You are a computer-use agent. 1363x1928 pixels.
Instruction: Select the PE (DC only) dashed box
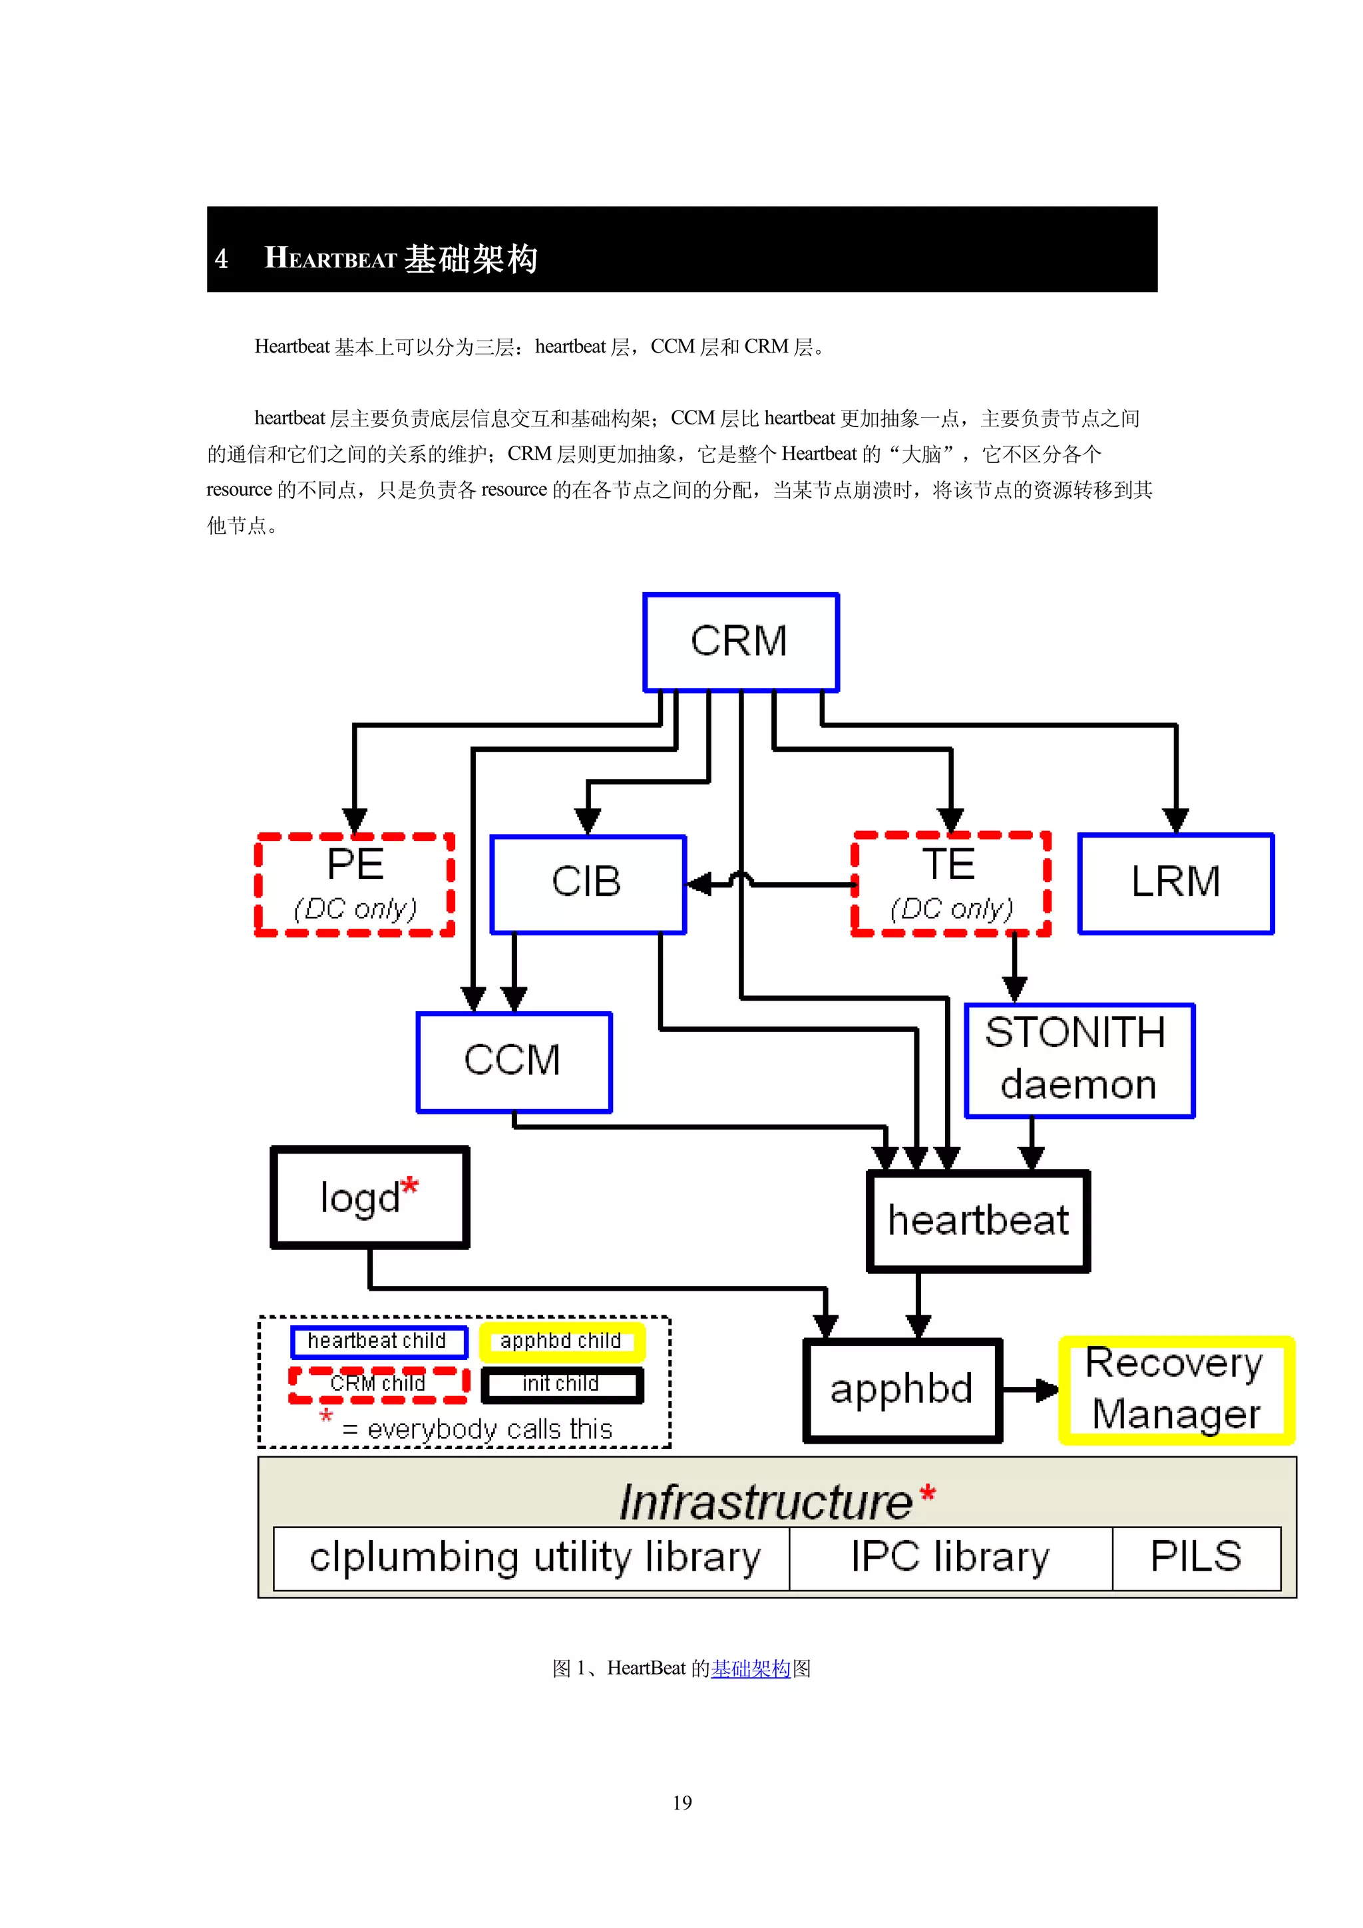pyautogui.click(x=355, y=884)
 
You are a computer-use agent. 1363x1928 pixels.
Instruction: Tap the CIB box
pyautogui.click(x=588, y=884)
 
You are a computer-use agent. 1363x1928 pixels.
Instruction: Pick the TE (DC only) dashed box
pyautogui.click(x=950, y=884)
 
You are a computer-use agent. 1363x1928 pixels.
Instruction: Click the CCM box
pyautogui.click(x=513, y=1061)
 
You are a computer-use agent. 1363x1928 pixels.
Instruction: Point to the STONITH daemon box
pyautogui.click(x=1078, y=1060)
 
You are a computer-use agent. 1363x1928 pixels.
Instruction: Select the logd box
pyautogui.click(x=369, y=1198)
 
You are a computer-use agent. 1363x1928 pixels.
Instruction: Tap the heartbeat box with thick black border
pyautogui.click(x=978, y=1220)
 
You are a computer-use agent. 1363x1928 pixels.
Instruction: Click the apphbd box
pyautogui.click(x=902, y=1390)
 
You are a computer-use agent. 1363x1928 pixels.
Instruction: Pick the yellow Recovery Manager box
pyautogui.click(x=1176, y=1390)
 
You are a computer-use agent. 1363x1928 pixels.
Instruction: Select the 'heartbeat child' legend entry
pyautogui.click(x=378, y=1341)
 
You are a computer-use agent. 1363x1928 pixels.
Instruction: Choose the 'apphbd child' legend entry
pyautogui.click(x=561, y=1341)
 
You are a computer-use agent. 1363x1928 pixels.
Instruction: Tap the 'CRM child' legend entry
pyautogui.click(x=378, y=1384)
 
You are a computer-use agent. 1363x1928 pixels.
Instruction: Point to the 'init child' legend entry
pyautogui.click(x=561, y=1384)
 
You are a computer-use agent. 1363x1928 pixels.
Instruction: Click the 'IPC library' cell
pyautogui.click(x=950, y=1557)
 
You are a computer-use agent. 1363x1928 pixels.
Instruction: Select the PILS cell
pyautogui.click(x=1196, y=1557)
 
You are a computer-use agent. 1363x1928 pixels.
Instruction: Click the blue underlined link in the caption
pyautogui.click(x=751, y=1669)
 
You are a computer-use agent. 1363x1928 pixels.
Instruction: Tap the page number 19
pyautogui.click(x=682, y=1803)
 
